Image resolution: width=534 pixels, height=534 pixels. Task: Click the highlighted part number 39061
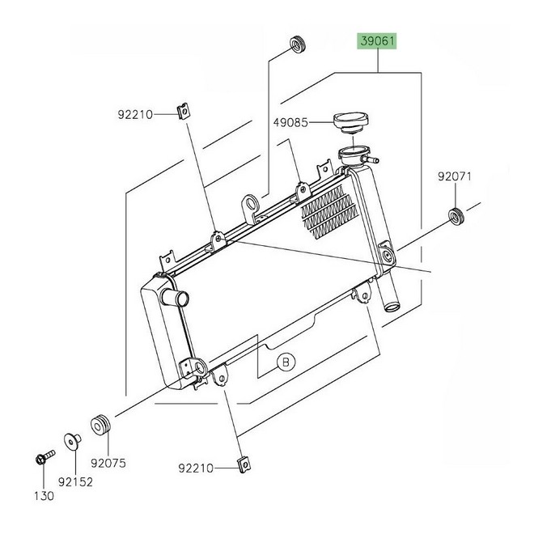click(x=377, y=41)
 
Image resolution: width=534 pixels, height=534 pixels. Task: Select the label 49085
click(x=290, y=122)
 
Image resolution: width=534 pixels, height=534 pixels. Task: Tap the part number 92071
click(x=455, y=176)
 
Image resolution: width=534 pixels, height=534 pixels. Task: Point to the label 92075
click(x=108, y=463)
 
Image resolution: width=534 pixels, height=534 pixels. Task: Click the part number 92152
click(x=75, y=482)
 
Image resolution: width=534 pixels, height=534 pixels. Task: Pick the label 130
click(x=44, y=496)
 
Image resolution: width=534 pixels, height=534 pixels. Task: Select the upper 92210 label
click(x=135, y=114)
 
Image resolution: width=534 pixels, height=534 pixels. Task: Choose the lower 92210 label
click(x=196, y=468)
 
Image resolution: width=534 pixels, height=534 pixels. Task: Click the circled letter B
click(x=286, y=362)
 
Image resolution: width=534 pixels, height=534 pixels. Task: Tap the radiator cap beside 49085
click(x=350, y=123)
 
